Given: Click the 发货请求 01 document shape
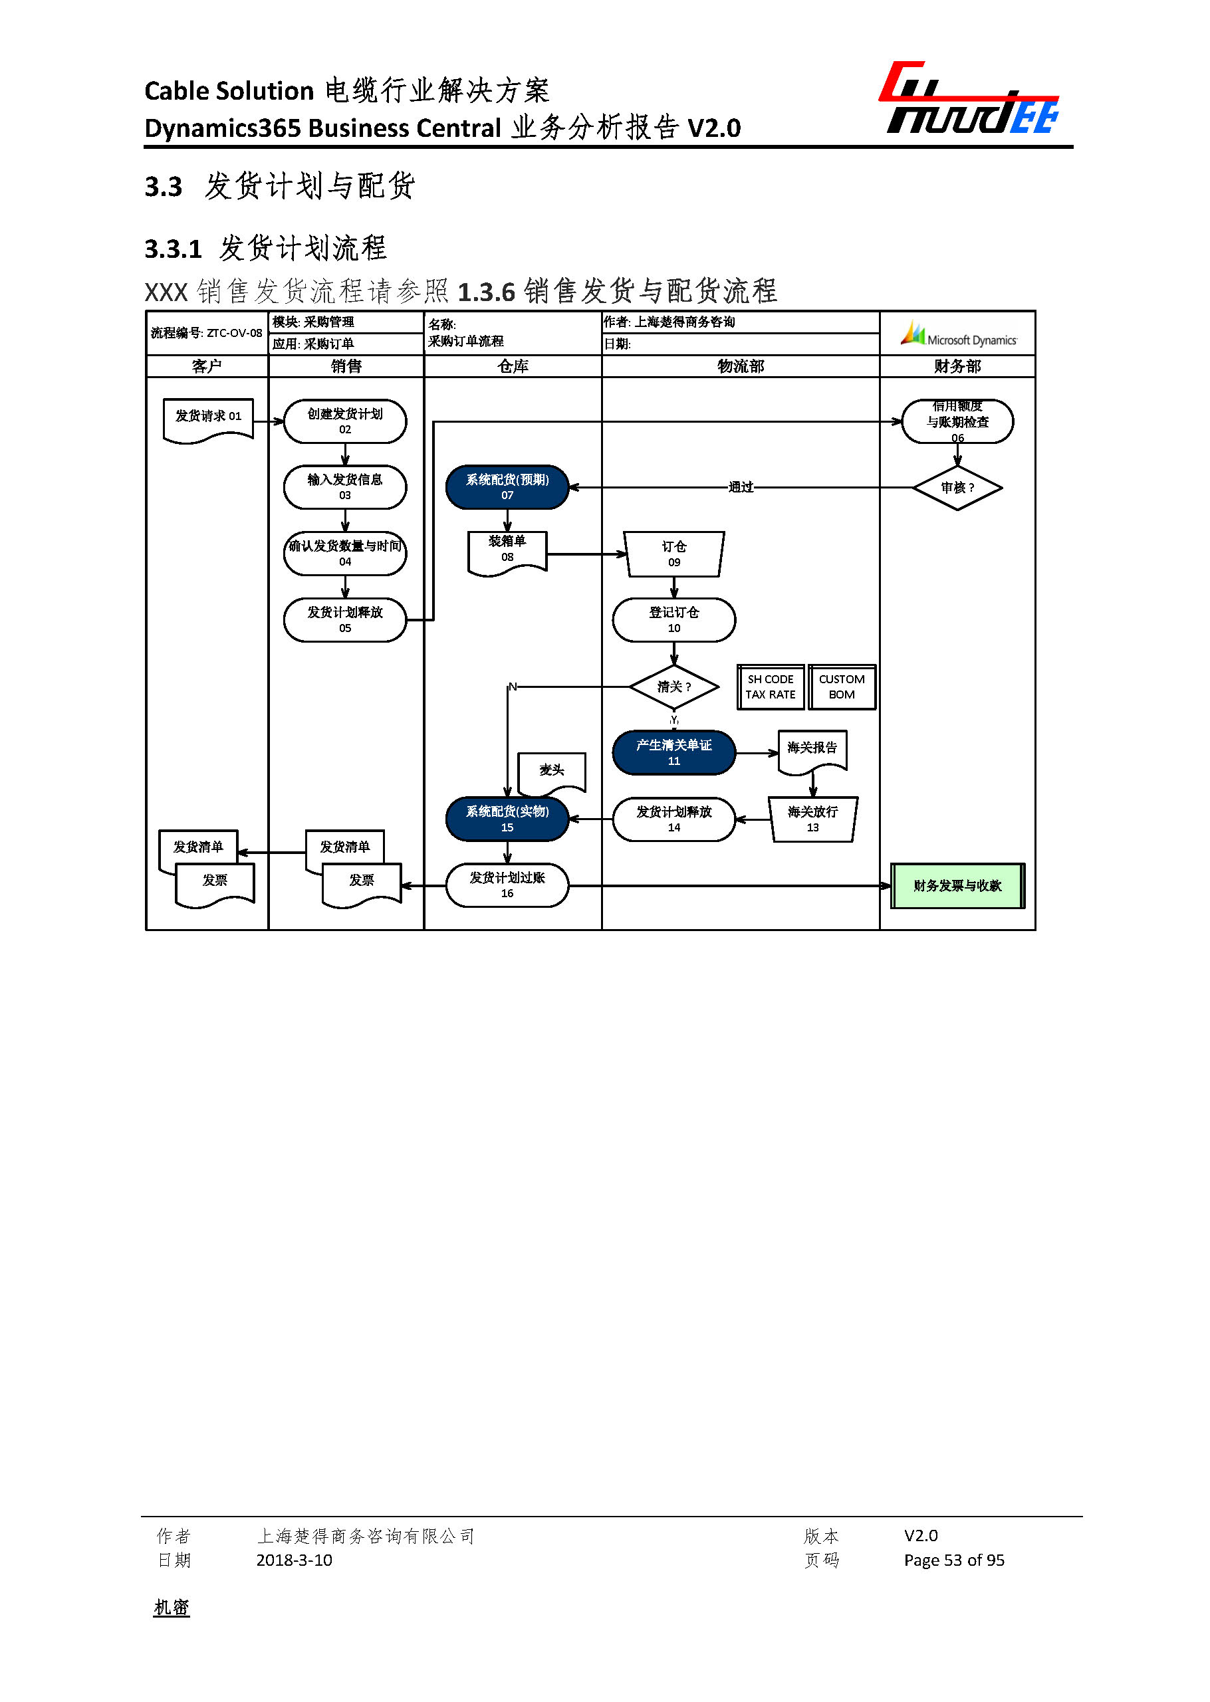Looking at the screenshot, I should [x=208, y=419].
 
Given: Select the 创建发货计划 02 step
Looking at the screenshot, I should [x=345, y=421].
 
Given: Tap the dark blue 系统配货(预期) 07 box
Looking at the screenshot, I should [x=507, y=487].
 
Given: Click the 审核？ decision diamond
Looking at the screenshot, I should [x=957, y=488].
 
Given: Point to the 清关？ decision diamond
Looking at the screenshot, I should [x=673, y=687].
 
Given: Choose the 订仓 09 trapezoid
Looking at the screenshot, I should [x=673, y=554].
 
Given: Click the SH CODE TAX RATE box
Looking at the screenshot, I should [x=771, y=687].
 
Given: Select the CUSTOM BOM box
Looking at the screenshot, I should [x=841, y=687].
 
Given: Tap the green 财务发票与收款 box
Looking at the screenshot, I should [x=957, y=886].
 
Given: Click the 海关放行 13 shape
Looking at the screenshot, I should [x=812, y=819].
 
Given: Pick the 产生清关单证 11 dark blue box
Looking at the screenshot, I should [x=673, y=752].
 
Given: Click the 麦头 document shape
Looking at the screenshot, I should [x=551, y=772].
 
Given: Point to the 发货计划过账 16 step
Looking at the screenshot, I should [x=507, y=885].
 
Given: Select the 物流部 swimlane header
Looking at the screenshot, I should [x=740, y=366].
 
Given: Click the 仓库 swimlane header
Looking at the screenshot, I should [x=513, y=366].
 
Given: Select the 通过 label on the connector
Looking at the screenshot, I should [x=741, y=487].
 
